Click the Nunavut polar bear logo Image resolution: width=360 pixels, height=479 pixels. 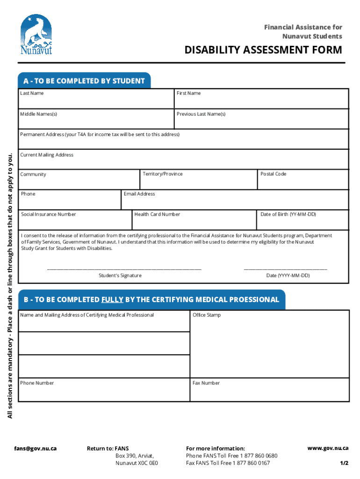[x=36, y=35]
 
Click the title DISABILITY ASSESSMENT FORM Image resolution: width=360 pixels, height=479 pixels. [x=263, y=50]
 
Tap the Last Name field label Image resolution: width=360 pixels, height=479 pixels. [x=32, y=93]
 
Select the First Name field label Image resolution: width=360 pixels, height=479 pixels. [x=188, y=93]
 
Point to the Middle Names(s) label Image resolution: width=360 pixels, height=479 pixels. [x=38, y=114]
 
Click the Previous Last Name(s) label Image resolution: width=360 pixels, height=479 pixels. [x=201, y=114]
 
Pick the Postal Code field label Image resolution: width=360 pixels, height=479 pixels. [x=274, y=174]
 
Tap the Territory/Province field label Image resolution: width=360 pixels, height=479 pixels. [x=163, y=174]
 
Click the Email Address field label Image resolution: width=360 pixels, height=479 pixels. [x=139, y=194]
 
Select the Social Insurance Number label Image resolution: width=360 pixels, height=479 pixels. [x=48, y=214]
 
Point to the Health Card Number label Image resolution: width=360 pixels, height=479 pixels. [x=157, y=214]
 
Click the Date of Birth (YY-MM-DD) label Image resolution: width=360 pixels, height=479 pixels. [x=288, y=214]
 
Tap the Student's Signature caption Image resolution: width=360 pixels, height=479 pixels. [x=120, y=276]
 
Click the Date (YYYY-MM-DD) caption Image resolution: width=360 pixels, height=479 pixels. [x=288, y=276]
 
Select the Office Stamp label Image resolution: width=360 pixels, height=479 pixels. [x=207, y=315]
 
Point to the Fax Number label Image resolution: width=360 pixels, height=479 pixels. [x=206, y=383]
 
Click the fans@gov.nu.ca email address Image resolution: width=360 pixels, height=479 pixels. [x=35, y=448]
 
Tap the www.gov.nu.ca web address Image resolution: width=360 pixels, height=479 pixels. [x=328, y=448]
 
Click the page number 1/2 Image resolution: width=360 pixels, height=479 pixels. [x=344, y=463]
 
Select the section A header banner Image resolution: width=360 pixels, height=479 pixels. [x=84, y=81]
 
